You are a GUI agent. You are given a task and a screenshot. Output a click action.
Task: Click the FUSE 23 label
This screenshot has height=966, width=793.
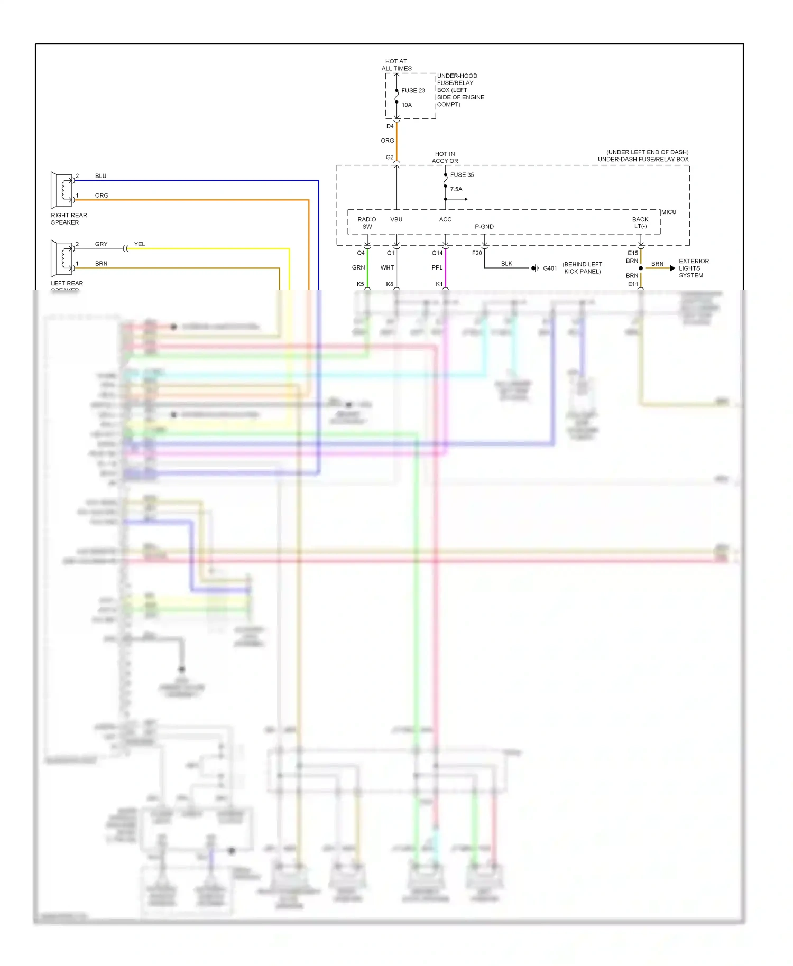click(x=413, y=90)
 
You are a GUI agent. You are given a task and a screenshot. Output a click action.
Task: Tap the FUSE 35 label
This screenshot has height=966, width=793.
click(x=462, y=174)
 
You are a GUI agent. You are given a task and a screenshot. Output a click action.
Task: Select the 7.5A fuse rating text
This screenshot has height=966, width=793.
click(x=456, y=189)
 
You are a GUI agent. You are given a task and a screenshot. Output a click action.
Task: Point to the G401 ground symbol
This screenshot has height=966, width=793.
click(x=535, y=268)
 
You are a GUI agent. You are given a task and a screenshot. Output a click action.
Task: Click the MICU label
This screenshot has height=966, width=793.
click(x=668, y=212)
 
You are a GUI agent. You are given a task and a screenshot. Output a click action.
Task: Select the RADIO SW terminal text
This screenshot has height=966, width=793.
click(x=367, y=223)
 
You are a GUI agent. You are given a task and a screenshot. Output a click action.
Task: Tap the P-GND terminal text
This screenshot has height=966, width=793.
click(x=484, y=227)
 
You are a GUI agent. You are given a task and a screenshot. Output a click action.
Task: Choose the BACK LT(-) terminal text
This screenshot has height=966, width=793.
click(x=640, y=223)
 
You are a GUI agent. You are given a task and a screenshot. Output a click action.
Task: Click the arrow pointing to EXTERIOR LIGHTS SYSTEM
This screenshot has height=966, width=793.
click(x=672, y=268)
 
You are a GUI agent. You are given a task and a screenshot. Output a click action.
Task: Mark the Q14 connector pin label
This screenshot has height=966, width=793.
click(x=437, y=253)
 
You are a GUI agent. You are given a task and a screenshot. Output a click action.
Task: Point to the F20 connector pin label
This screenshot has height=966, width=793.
click(x=476, y=253)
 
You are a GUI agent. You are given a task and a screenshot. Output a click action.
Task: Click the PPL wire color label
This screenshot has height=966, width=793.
click(x=437, y=267)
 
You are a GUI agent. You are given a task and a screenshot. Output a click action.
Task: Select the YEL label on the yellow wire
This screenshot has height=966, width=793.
click(x=139, y=244)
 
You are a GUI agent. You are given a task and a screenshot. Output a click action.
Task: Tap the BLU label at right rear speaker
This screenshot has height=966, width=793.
click(x=100, y=176)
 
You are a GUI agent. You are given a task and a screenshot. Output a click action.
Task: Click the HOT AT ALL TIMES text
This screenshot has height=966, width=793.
click(x=396, y=65)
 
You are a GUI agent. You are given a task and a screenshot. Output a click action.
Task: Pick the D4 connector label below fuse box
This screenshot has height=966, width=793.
click(x=390, y=126)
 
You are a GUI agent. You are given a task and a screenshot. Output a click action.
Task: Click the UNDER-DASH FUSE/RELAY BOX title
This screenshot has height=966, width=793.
click(x=643, y=159)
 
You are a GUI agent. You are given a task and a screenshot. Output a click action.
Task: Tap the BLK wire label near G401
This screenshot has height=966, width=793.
click(x=506, y=263)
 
